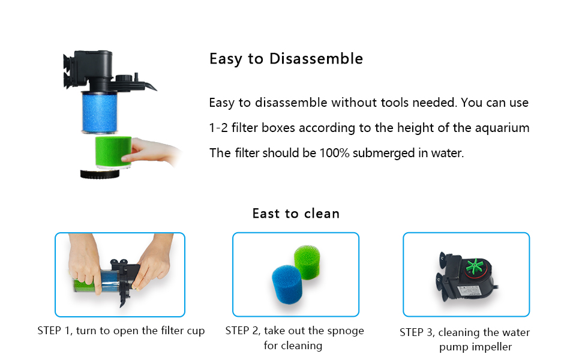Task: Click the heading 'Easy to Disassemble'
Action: [286, 59]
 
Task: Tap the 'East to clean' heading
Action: [296, 214]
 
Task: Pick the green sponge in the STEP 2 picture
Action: [309, 260]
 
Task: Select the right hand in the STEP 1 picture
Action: [154, 264]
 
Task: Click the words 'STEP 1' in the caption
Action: [54, 331]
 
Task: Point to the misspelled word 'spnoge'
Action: [348, 331]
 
